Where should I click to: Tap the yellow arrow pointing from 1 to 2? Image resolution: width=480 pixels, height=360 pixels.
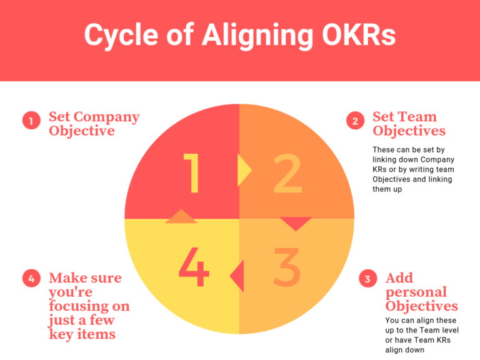[x=244, y=170]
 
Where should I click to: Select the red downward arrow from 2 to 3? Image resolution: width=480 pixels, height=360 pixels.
[x=296, y=223]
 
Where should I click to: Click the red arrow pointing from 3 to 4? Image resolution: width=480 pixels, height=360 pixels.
[x=237, y=275]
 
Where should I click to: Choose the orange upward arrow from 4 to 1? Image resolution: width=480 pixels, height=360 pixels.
[x=181, y=217]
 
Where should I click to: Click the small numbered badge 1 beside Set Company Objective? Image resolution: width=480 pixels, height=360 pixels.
[x=31, y=121]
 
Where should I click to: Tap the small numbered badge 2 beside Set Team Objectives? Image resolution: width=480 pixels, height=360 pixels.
[x=355, y=121]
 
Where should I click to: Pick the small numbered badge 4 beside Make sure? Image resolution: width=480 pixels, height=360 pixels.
[x=31, y=279]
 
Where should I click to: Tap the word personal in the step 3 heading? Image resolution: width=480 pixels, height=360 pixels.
[x=416, y=292]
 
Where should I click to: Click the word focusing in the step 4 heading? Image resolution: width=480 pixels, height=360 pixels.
[x=89, y=306]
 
